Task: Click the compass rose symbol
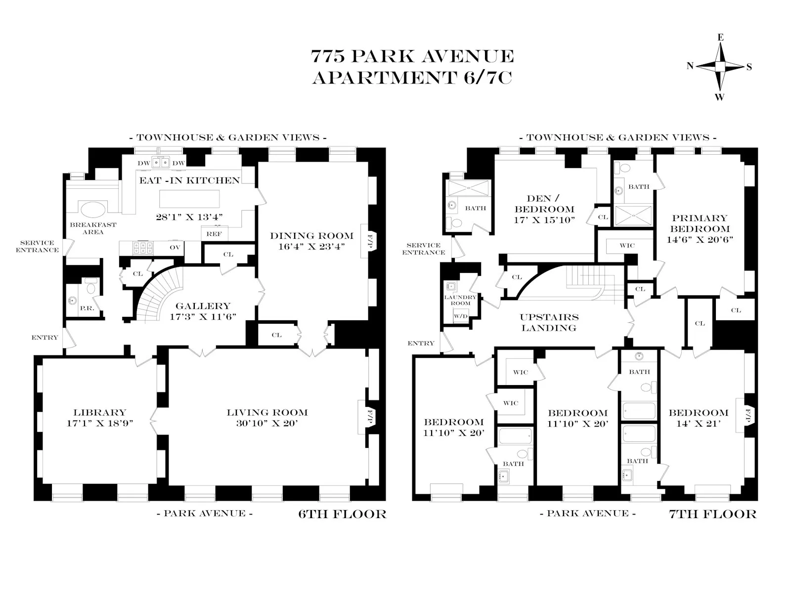(x=720, y=67)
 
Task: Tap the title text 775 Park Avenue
(x=412, y=56)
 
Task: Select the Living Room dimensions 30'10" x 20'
(x=267, y=423)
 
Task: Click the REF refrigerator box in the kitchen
(x=214, y=234)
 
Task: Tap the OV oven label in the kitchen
(x=175, y=247)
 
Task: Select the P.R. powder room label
(x=87, y=308)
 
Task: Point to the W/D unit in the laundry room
(x=460, y=316)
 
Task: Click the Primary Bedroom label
(x=700, y=223)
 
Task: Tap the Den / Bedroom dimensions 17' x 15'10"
(x=544, y=219)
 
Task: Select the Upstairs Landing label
(x=549, y=322)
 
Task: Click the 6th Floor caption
(x=342, y=514)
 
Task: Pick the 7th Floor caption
(x=712, y=514)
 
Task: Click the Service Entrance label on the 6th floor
(x=37, y=246)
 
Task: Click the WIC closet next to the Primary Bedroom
(x=627, y=245)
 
